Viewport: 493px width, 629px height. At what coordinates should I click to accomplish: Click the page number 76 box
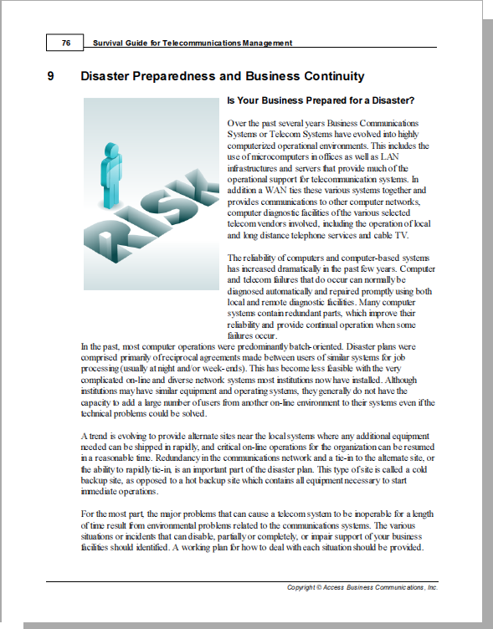pos(65,42)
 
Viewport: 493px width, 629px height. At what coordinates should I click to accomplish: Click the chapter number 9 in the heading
pos(52,77)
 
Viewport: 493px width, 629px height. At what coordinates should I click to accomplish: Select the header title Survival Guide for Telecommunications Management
pos(192,42)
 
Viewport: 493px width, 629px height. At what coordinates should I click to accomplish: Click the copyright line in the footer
pos(362,588)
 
